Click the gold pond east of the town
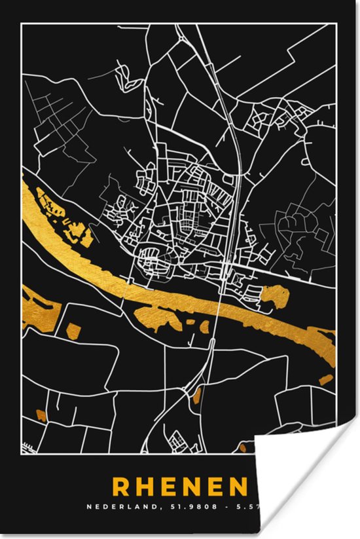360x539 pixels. pyautogui.click(x=275, y=297)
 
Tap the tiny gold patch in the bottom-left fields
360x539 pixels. pyautogui.click(x=41, y=414)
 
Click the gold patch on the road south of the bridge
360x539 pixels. pyautogui.click(x=198, y=394)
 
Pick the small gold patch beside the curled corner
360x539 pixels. pyautogui.click(x=243, y=447)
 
